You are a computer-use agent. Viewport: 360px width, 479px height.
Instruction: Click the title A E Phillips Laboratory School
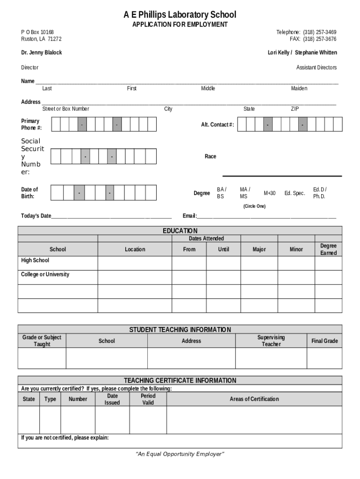click(180, 15)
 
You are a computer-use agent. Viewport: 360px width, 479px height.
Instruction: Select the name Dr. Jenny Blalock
click(41, 52)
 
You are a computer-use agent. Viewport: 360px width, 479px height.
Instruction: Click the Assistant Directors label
click(316, 67)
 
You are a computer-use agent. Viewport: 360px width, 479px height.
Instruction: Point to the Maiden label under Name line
click(299, 88)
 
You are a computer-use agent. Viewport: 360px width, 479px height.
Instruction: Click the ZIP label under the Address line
click(295, 109)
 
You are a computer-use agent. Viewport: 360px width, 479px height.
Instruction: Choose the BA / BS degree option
click(221, 193)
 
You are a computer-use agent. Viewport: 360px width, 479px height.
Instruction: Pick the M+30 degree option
click(269, 193)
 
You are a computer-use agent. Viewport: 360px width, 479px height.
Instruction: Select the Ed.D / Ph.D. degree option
click(320, 193)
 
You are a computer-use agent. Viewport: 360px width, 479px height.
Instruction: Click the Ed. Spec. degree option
click(295, 193)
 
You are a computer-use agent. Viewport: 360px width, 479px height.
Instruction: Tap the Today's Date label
click(36, 216)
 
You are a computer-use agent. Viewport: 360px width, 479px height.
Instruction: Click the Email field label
click(189, 216)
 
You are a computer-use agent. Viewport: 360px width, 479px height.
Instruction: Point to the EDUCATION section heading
click(180, 231)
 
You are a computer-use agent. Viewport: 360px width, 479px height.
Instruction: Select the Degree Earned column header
click(328, 249)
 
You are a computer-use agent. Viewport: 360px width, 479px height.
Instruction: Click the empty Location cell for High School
click(135, 263)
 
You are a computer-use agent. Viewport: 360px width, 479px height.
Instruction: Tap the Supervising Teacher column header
click(271, 341)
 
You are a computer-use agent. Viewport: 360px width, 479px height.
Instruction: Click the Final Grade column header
click(324, 341)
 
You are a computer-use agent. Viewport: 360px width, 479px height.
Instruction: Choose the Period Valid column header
click(148, 399)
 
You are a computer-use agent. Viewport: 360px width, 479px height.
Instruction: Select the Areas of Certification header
click(254, 399)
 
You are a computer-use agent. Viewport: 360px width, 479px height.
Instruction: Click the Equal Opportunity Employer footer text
click(180, 454)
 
